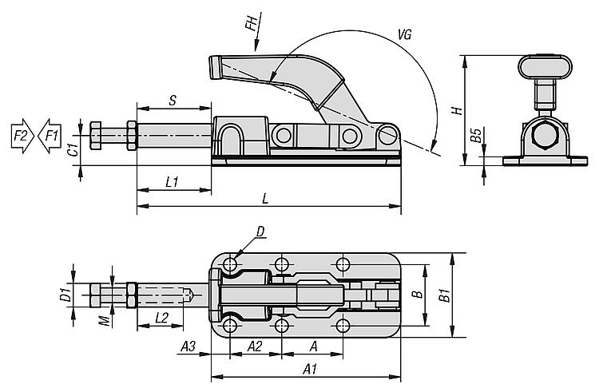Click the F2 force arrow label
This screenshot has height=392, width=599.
click(x=20, y=135)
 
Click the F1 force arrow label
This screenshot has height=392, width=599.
click(x=51, y=135)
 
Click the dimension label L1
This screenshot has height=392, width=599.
click(x=171, y=182)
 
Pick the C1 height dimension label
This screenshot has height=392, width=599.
click(x=71, y=145)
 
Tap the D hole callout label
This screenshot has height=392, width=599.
click(x=260, y=232)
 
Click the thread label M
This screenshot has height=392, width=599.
click(x=103, y=320)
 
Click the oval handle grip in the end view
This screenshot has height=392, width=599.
click(x=542, y=66)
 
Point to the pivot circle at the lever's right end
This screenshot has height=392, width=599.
click(x=388, y=136)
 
